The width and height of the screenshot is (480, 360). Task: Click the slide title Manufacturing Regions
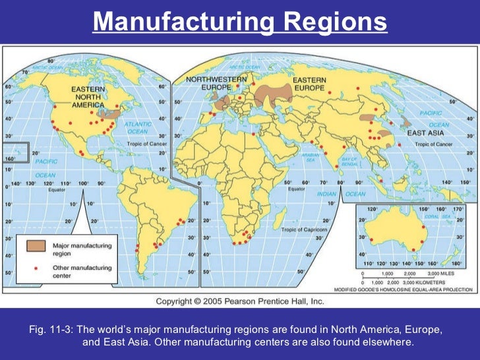239,22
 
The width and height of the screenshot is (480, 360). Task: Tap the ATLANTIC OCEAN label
137,127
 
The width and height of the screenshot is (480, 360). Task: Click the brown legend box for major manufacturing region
36,245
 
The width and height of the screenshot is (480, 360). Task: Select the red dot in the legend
36,267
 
